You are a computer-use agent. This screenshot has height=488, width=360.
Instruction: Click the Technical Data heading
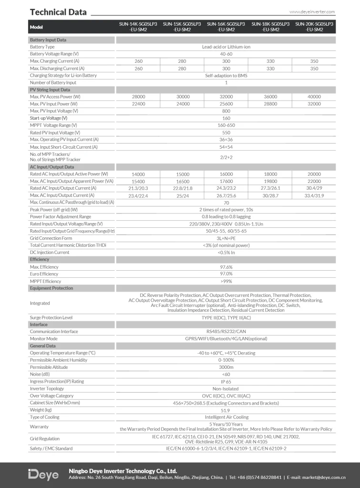coord(58,12)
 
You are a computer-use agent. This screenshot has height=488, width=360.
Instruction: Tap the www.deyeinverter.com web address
coord(312,12)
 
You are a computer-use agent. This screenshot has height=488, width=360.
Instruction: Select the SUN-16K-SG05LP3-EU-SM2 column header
coord(226,26)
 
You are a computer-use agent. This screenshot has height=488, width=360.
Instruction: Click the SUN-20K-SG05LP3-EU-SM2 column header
coord(314,26)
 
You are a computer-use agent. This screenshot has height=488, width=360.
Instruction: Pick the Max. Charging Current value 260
coord(138,61)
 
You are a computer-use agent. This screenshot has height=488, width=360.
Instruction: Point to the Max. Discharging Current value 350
coord(314,69)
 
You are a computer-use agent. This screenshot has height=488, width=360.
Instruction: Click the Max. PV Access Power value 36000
coord(270,97)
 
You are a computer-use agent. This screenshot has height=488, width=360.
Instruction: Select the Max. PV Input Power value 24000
coord(182,104)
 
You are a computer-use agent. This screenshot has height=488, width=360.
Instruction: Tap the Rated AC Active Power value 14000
coord(138,174)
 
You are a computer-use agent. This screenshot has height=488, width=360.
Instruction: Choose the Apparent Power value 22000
coord(314,182)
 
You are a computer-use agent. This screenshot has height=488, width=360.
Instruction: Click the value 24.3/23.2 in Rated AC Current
coord(226,188)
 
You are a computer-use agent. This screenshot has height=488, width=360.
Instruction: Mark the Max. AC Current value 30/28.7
coord(270,195)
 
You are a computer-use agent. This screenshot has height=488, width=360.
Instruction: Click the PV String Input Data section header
coord(50,90)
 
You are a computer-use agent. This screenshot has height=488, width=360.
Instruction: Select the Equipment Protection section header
coord(51,288)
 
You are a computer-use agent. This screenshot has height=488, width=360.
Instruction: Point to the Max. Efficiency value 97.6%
coord(226,267)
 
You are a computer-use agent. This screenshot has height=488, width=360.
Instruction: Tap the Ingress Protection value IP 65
coord(226,381)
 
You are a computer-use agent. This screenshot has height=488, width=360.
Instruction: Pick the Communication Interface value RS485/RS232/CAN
coord(226,332)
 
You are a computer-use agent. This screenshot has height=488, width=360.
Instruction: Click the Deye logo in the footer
coord(43,475)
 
